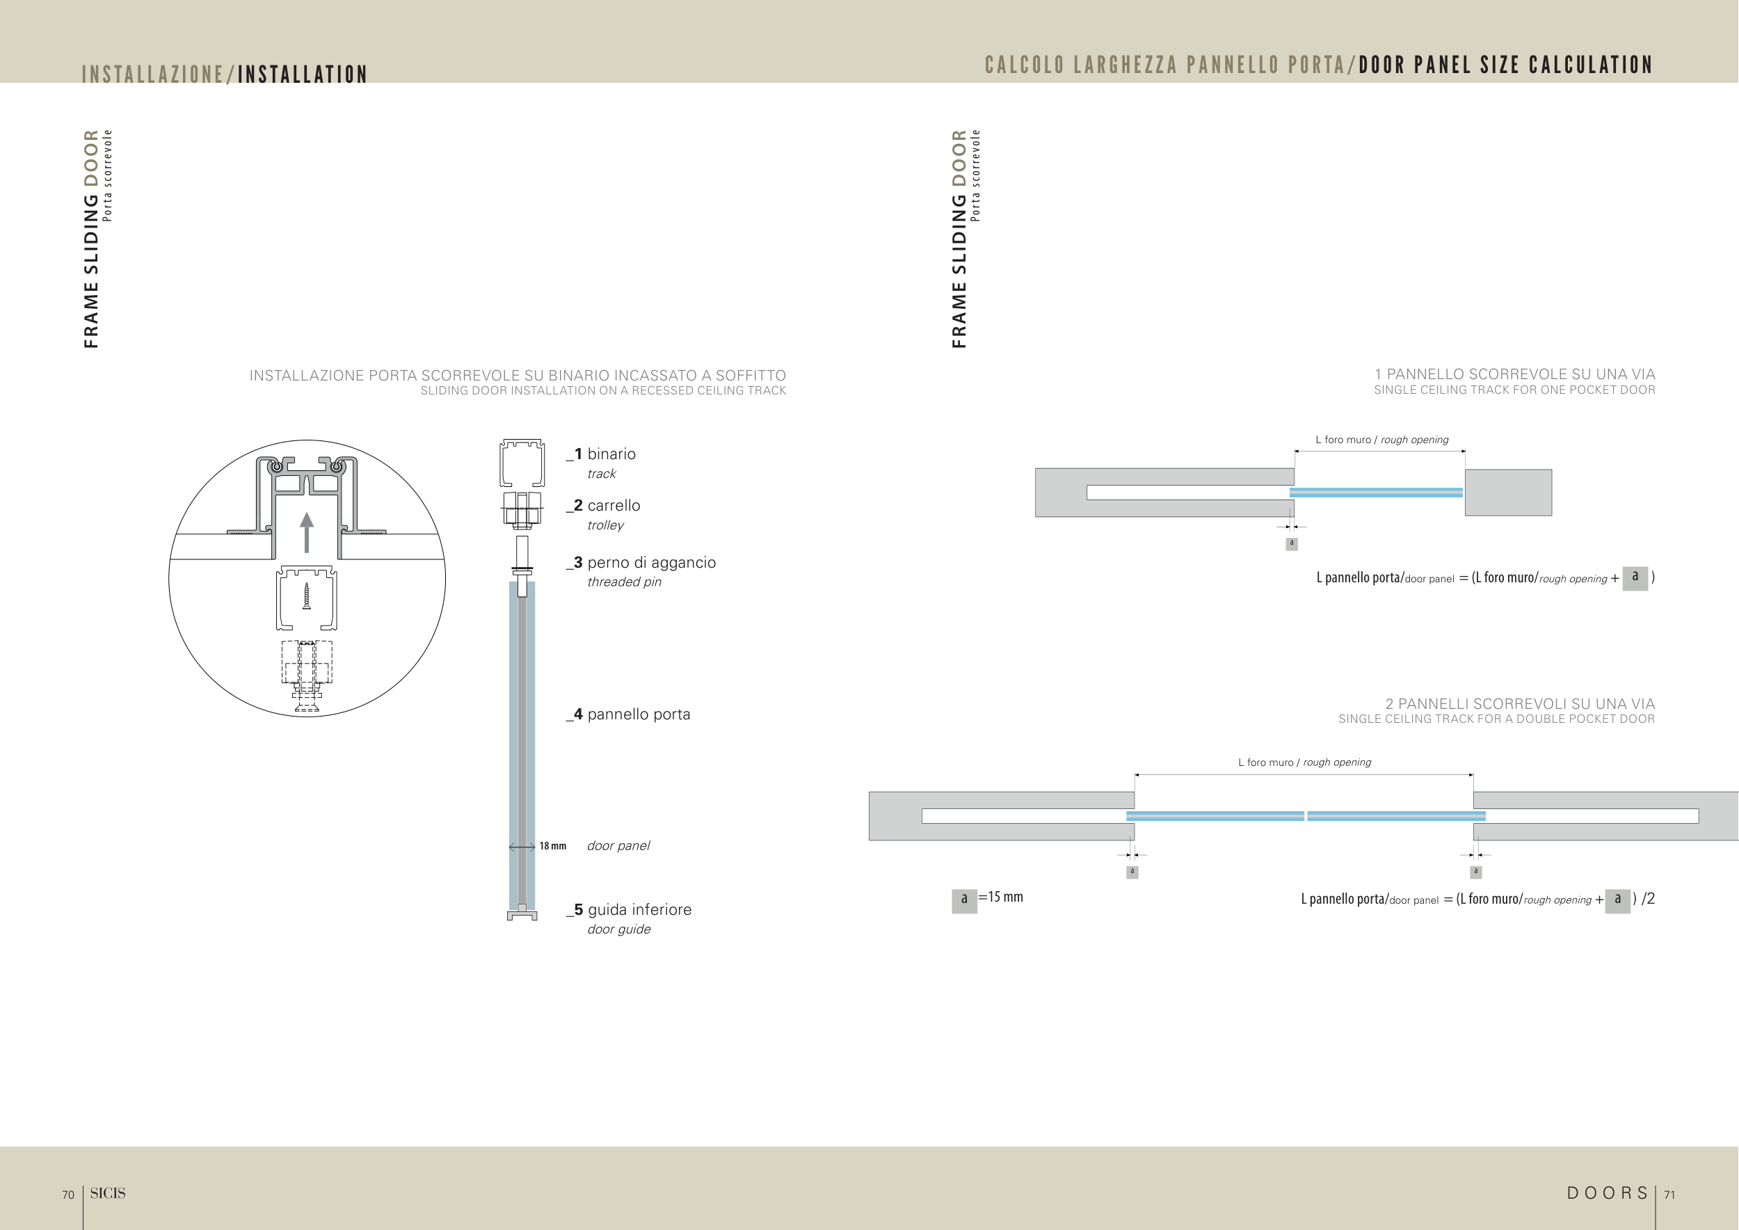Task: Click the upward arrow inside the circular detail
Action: [307, 532]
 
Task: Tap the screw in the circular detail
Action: [307, 596]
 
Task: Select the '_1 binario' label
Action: [602, 454]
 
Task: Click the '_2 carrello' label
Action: [604, 505]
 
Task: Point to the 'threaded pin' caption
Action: [624, 582]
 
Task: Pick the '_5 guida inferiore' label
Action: [630, 909]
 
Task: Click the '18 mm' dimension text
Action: [553, 846]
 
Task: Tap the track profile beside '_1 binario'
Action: [522, 463]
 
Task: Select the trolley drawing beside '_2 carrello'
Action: [522, 510]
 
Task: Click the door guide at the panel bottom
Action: [522, 915]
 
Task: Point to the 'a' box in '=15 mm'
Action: [964, 899]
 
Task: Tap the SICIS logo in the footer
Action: [108, 1194]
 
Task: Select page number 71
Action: [1669, 1195]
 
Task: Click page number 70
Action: [68, 1195]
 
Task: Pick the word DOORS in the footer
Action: [1608, 1194]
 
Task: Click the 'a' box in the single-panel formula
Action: [1635, 577]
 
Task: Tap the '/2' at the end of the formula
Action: [1648, 899]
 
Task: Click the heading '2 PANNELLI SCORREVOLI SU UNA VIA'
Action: [1520, 704]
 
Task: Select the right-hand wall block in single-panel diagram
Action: [1508, 493]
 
